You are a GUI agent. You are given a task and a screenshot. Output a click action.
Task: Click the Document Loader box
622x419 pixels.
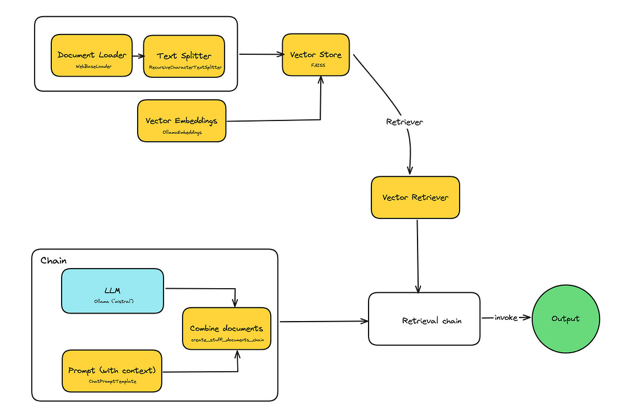(x=92, y=55)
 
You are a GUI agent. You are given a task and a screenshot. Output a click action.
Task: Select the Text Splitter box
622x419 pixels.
(x=183, y=56)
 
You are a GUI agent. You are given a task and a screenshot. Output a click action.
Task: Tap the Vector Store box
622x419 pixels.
(x=316, y=55)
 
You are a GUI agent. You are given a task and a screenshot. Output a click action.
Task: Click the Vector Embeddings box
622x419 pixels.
(x=181, y=121)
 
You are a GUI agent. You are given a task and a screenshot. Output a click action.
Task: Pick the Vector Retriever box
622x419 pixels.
(x=415, y=198)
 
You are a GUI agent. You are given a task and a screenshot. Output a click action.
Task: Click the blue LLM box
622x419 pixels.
(x=112, y=290)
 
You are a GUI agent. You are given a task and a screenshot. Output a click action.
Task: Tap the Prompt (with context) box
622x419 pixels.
(x=112, y=371)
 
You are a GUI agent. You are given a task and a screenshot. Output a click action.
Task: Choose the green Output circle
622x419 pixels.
(x=566, y=319)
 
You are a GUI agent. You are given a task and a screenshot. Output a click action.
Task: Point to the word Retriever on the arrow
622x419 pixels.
(x=404, y=122)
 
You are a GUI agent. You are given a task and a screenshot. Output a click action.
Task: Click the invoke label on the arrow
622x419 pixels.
(x=506, y=318)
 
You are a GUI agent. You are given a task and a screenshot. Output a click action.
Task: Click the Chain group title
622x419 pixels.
(x=54, y=261)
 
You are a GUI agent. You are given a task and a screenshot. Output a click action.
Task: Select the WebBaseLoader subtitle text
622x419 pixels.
(x=92, y=67)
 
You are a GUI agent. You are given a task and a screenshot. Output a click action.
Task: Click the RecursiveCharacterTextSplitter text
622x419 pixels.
(x=183, y=68)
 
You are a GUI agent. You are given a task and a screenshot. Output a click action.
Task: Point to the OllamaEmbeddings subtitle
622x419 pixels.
(x=181, y=132)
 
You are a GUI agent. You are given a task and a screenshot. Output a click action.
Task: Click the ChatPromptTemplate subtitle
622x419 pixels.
(x=112, y=382)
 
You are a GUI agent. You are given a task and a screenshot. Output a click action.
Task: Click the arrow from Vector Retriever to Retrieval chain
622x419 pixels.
(x=418, y=256)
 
